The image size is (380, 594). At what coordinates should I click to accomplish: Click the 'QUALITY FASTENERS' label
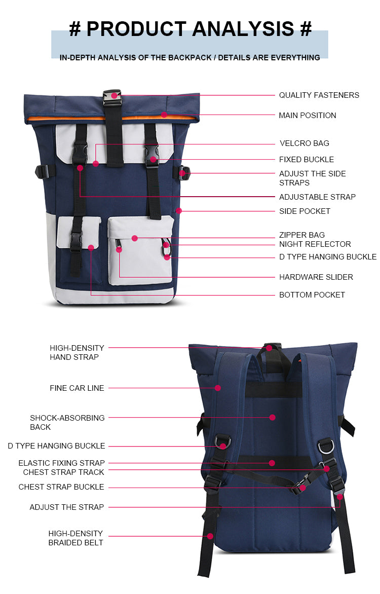pyautogui.click(x=319, y=95)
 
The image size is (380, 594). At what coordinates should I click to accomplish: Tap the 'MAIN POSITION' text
pyautogui.click(x=307, y=115)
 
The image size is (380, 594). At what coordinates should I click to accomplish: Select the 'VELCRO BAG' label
pyautogui.click(x=304, y=143)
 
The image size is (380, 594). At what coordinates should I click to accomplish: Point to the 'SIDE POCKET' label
pyautogui.click(x=305, y=211)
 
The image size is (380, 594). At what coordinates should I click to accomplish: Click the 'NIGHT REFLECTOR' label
pyautogui.click(x=315, y=244)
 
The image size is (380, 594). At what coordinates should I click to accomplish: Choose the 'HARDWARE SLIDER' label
pyautogui.click(x=316, y=277)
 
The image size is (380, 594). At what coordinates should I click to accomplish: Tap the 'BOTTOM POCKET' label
pyautogui.click(x=312, y=295)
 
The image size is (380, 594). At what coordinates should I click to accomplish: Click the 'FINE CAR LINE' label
pyautogui.click(x=77, y=388)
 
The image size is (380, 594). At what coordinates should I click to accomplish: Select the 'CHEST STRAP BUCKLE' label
pyautogui.click(x=61, y=487)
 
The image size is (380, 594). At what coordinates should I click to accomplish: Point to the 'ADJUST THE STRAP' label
pyautogui.click(x=67, y=507)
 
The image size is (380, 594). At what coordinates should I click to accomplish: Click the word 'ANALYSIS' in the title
pyautogui.click(x=243, y=29)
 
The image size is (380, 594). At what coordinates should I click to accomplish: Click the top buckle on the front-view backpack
pyautogui.click(x=112, y=98)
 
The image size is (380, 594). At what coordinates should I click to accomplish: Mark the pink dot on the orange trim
pyautogui.click(x=164, y=115)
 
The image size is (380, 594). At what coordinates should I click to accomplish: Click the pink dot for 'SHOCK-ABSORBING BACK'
pyautogui.click(x=272, y=418)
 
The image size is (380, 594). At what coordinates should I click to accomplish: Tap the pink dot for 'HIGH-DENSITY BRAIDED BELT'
pyautogui.click(x=210, y=536)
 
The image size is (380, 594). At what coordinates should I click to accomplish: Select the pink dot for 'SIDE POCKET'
pyautogui.click(x=179, y=211)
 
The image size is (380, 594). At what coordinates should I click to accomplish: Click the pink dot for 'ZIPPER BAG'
pyautogui.click(x=134, y=238)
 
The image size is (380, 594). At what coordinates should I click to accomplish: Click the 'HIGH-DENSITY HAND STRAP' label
pyautogui.click(x=77, y=352)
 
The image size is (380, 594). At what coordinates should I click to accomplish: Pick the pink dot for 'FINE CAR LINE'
pyautogui.click(x=218, y=388)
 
